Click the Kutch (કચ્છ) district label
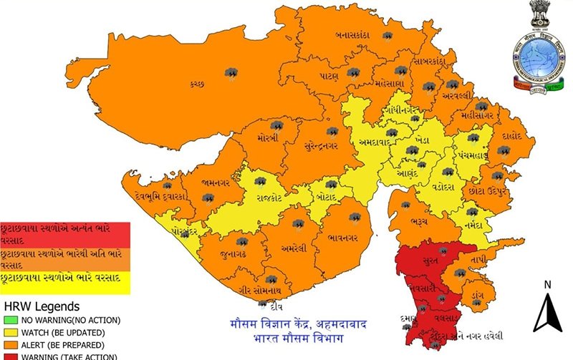pos(198,84)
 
